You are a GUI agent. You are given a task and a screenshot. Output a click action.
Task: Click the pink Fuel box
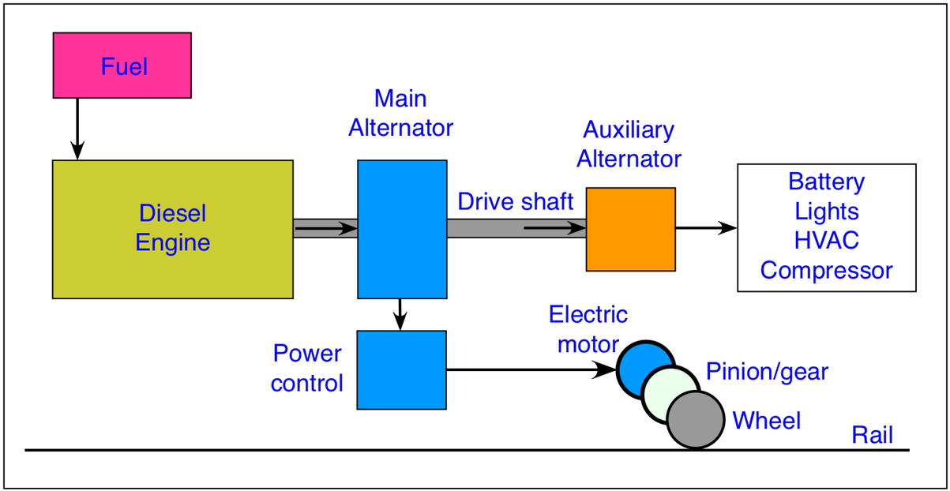click(122, 66)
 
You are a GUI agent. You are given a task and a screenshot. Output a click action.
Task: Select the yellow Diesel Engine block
click(172, 229)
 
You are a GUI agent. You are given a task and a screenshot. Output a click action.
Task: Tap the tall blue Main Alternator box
click(402, 229)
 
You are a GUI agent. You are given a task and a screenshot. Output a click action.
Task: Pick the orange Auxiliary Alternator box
click(630, 229)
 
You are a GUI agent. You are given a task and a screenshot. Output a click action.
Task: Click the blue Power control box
click(402, 369)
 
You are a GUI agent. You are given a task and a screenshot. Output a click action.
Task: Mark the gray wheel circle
click(696, 420)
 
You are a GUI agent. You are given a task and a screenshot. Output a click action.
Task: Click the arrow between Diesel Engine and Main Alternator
click(325, 229)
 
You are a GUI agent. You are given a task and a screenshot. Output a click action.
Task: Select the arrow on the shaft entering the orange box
click(553, 229)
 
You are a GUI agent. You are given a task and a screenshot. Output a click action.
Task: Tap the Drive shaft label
click(515, 201)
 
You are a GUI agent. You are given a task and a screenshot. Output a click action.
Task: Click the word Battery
click(826, 182)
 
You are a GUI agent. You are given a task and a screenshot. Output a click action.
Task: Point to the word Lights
click(826, 212)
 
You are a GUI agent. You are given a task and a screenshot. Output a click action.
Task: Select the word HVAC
click(826, 240)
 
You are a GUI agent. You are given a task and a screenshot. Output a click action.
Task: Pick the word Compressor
click(826, 270)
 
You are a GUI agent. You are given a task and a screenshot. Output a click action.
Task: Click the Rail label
click(871, 434)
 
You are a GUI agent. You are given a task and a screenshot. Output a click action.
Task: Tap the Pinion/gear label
click(767, 370)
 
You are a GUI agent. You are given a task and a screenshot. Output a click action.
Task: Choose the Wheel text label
click(766, 421)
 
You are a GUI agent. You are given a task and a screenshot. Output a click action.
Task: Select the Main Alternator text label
click(401, 113)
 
